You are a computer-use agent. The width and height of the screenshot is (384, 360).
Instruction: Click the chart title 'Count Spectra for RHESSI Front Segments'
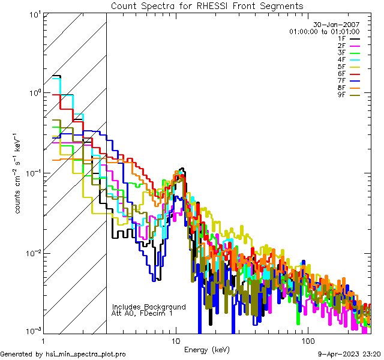click(x=207, y=6)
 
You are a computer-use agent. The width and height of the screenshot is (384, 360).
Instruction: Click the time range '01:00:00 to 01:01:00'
click(x=324, y=31)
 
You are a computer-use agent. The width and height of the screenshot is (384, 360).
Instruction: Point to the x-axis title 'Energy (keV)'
click(x=207, y=349)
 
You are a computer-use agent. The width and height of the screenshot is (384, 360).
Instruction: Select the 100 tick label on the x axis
click(x=307, y=340)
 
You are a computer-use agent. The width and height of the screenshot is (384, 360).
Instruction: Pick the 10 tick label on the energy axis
click(x=175, y=340)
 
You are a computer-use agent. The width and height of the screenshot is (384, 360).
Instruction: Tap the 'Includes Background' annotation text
click(x=149, y=307)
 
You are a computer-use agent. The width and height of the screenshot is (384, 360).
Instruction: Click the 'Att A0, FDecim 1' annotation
click(x=142, y=313)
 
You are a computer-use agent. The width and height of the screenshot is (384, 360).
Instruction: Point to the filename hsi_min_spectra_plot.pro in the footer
click(x=86, y=354)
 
